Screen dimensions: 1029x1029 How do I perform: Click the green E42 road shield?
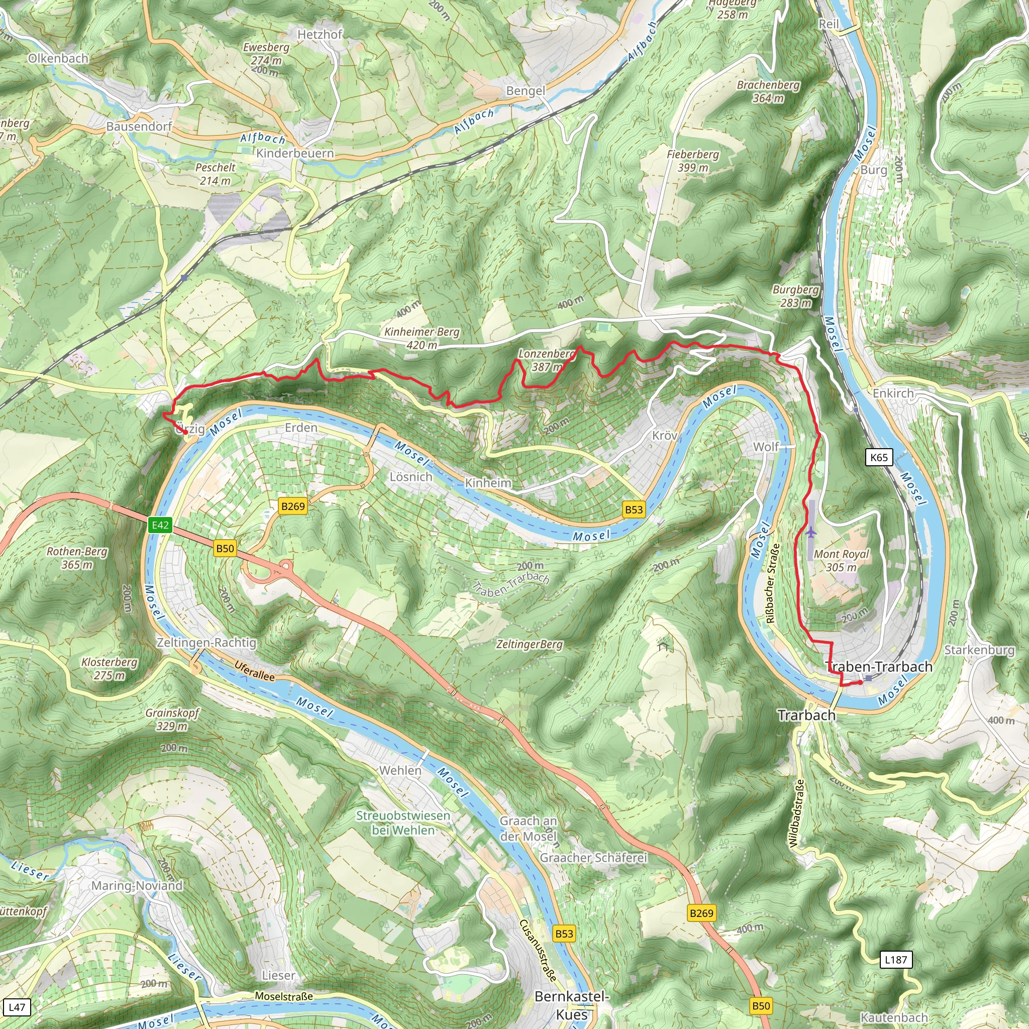tap(160, 525)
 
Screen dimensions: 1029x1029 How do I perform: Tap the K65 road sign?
tap(879, 457)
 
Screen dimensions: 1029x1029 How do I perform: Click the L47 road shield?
tap(17, 1006)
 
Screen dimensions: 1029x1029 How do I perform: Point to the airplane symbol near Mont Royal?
tap(810, 532)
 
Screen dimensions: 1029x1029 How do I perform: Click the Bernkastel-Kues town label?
tap(571, 1005)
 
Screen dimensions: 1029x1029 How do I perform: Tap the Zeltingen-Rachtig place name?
tap(206, 642)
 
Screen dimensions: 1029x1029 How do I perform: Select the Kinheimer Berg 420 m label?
tap(421, 338)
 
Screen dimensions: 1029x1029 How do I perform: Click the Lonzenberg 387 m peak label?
tap(547, 360)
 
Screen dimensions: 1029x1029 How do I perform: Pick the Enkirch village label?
tap(893, 393)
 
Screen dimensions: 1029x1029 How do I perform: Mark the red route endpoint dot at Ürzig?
tap(185, 433)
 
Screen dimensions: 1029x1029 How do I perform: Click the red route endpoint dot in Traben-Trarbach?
tap(860, 682)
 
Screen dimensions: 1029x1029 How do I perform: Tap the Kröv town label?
tap(664, 435)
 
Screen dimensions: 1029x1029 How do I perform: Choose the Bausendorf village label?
tap(139, 126)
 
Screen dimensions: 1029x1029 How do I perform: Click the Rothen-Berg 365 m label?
tap(77, 558)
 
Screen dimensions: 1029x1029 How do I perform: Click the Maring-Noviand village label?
tap(137, 885)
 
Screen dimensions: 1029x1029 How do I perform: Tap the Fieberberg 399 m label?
tap(692, 160)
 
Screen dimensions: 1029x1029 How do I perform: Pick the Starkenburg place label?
tap(979, 650)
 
